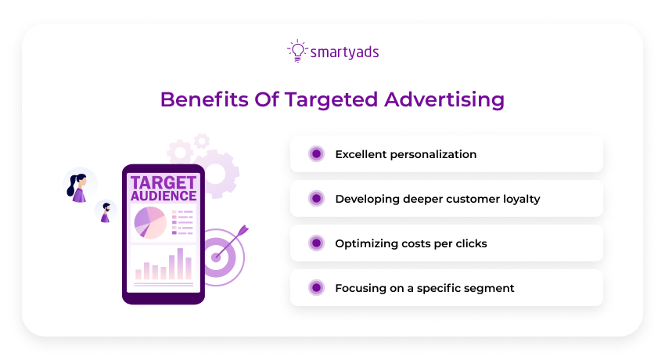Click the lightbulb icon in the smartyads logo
[x=297, y=51]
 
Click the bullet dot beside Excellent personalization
[x=316, y=154]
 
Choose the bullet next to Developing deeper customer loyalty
[x=316, y=199]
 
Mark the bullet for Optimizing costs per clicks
[x=316, y=243]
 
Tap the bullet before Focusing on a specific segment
[x=316, y=288]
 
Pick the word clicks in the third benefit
[x=470, y=243]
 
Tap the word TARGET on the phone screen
[x=164, y=182]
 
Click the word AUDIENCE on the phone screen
[x=164, y=196]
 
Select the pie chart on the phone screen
[x=150, y=222]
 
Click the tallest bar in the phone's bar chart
[x=181, y=264]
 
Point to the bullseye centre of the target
[x=217, y=257]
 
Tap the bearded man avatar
[x=105, y=212]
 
